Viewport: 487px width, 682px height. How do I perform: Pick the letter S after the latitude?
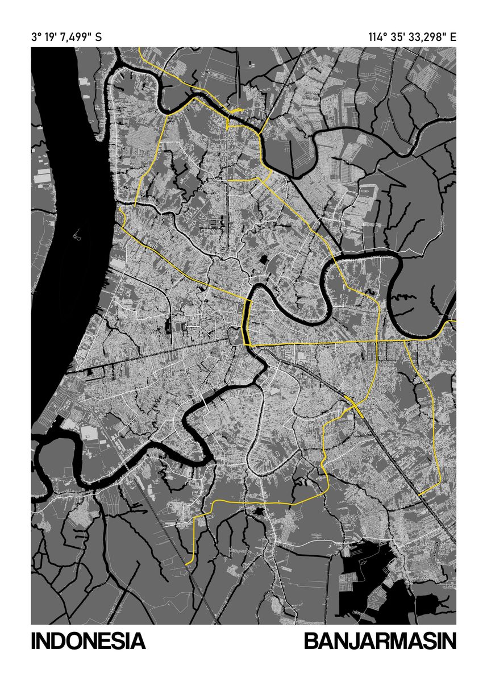[x=99, y=38]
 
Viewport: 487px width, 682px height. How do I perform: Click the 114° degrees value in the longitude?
[x=377, y=38]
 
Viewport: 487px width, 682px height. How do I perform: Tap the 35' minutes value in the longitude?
[x=396, y=38]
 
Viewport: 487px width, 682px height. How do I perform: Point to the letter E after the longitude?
[x=453, y=38]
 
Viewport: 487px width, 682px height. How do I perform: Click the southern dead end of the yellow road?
[x=186, y=563]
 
